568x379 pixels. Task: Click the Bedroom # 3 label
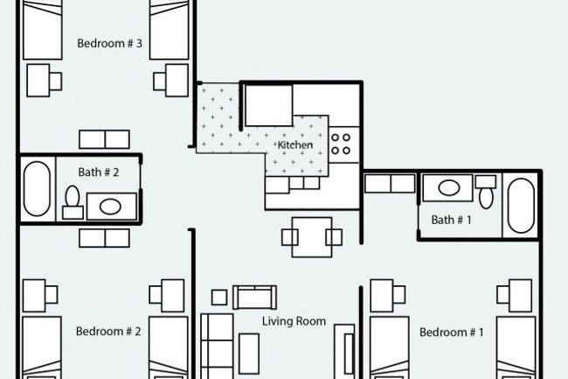pyautogui.click(x=109, y=43)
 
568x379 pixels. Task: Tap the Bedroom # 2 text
pyautogui.click(x=108, y=331)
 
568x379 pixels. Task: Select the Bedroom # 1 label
pyautogui.click(x=452, y=332)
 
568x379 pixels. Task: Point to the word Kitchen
pyautogui.click(x=295, y=144)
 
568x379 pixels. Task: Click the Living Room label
pyautogui.click(x=294, y=321)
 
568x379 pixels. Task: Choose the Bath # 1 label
pyautogui.click(x=452, y=221)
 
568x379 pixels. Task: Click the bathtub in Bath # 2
pyautogui.click(x=37, y=189)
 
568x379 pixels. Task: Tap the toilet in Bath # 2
pyautogui.click(x=73, y=202)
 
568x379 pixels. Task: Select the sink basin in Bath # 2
pyautogui.click(x=109, y=207)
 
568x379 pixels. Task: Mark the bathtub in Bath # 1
pyautogui.click(x=520, y=207)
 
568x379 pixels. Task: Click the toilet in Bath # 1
pyautogui.click(x=486, y=191)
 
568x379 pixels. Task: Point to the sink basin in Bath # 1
pyautogui.click(x=448, y=186)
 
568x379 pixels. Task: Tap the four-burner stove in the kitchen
pyautogui.click(x=342, y=142)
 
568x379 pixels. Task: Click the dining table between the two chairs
pyautogui.click(x=311, y=236)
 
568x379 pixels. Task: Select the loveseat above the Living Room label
pyautogui.click(x=254, y=297)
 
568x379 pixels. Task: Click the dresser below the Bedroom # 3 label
pyautogui.click(x=105, y=138)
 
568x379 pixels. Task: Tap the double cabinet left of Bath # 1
pyautogui.click(x=390, y=183)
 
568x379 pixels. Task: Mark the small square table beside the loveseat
pyautogui.click(x=219, y=298)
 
